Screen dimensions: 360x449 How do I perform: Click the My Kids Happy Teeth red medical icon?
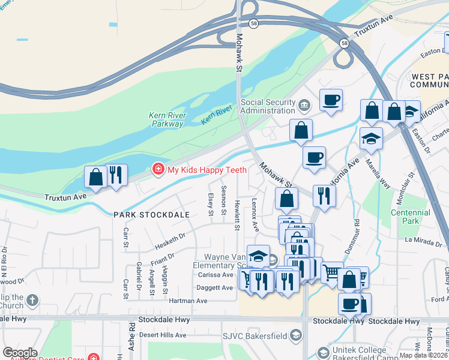coord(158,170)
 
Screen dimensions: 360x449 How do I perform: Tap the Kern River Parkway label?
coord(167,119)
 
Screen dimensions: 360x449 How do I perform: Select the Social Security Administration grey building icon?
coord(305,106)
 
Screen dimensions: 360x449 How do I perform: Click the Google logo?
coord(20,352)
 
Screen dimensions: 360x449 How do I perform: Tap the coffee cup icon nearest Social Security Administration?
coord(330,100)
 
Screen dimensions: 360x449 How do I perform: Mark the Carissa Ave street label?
coord(214,275)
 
